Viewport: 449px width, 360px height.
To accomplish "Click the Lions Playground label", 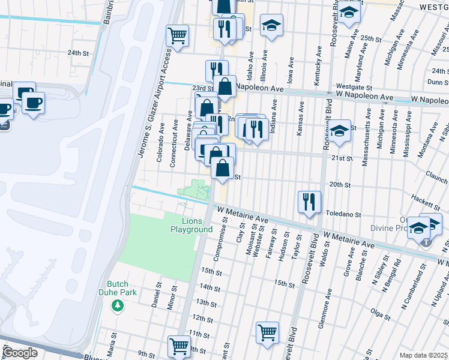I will [x=191, y=226].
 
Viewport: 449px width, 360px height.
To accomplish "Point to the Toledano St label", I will [x=343, y=214].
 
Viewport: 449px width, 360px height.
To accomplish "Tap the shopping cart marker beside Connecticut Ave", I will [x=177, y=36].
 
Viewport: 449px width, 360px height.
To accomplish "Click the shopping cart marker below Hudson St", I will [x=267, y=332].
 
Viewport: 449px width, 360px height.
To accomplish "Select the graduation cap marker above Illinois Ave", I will [x=271, y=25].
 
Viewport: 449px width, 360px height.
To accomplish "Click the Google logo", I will [x=20, y=352].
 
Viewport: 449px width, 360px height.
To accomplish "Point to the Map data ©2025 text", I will [x=424, y=355].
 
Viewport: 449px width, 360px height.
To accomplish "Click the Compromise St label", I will [x=224, y=228].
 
